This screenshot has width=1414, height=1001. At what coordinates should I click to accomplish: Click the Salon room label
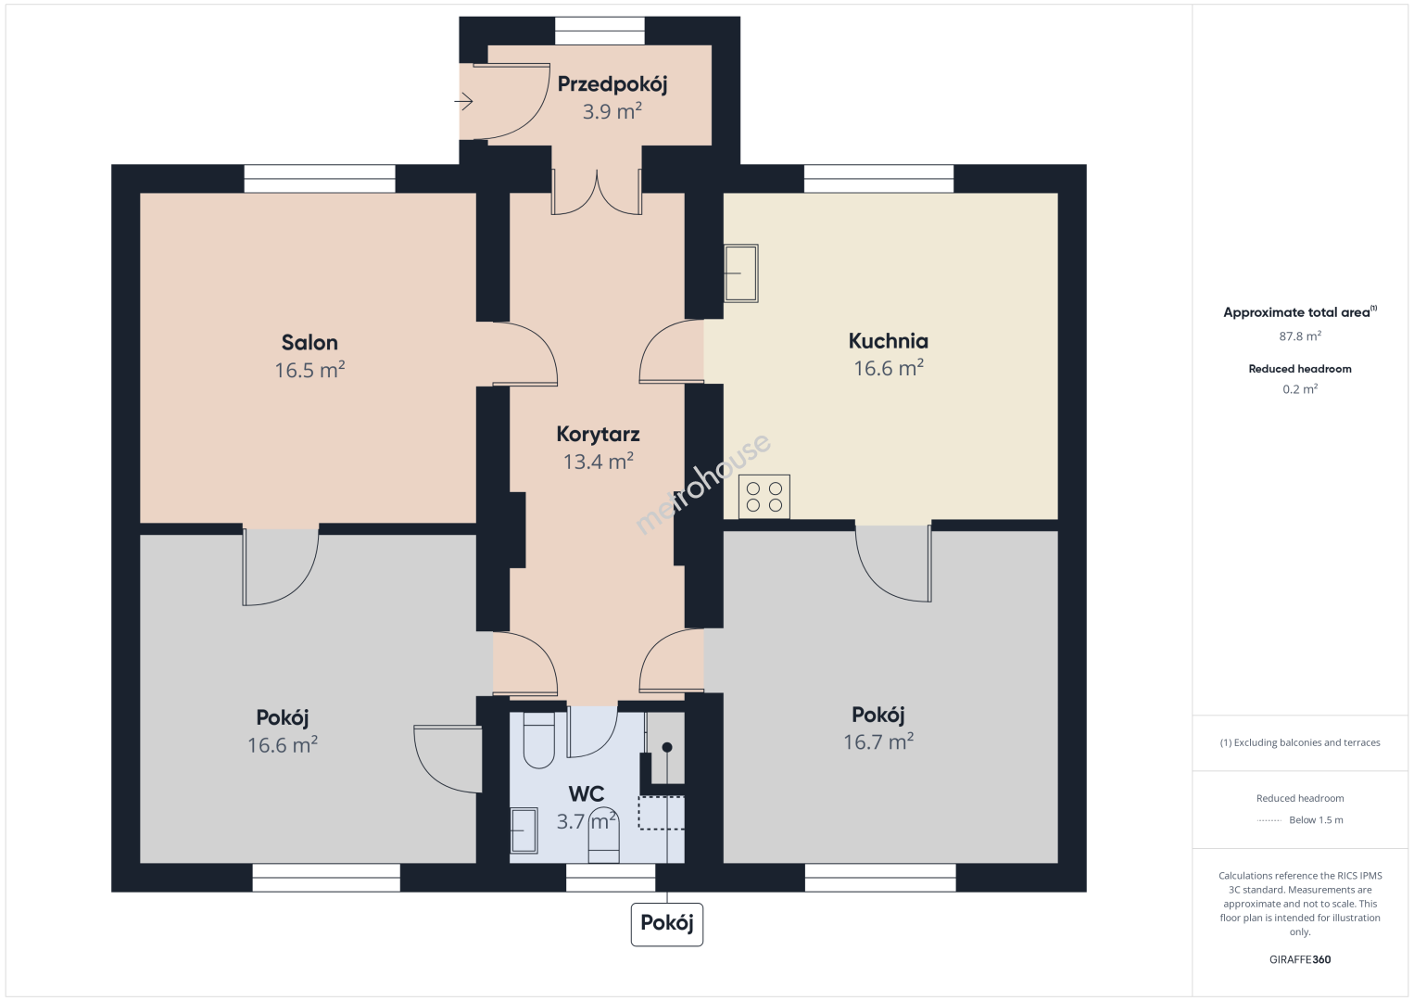[309, 342]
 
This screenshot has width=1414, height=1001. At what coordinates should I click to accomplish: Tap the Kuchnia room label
[889, 341]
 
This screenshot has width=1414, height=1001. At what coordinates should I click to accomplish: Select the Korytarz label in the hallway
[598, 434]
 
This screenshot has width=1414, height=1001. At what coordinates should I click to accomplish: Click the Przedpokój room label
[612, 84]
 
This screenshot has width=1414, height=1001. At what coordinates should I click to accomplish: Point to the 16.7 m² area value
[878, 741]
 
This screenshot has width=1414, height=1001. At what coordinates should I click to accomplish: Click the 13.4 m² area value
[599, 462]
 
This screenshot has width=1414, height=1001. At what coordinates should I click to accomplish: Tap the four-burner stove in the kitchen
[764, 497]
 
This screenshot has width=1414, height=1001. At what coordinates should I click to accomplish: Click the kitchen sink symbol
[740, 273]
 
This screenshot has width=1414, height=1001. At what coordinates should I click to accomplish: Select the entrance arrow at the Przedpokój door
[463, 101]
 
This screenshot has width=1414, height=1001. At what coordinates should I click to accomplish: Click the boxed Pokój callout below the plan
[666, 924]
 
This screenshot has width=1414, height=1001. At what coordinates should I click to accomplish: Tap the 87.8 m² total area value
[1300, 336]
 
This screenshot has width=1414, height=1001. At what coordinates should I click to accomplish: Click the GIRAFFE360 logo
[1300, 959]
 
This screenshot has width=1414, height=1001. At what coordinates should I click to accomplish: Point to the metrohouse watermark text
[702, 484]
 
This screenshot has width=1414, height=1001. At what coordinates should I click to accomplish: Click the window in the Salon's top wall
[320, 179]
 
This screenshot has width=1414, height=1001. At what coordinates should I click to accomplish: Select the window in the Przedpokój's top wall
[600, 31]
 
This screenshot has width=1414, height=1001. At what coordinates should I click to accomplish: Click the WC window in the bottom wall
[611, 878]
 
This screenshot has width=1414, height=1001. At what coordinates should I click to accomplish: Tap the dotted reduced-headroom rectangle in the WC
[661, 813]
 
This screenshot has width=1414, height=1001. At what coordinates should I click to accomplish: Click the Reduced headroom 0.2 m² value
[1300, 389]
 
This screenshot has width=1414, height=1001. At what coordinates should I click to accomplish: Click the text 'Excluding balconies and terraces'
[1307, 742]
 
